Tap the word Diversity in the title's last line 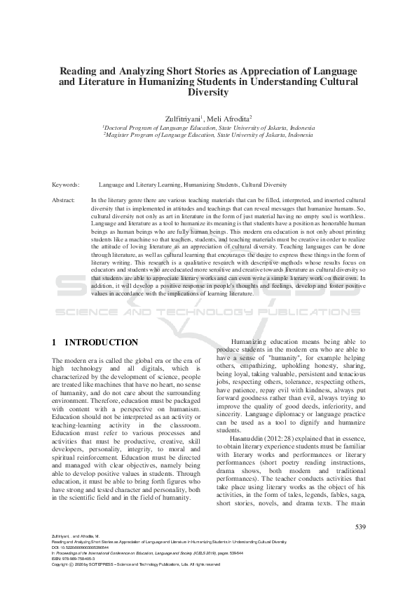[209, 92]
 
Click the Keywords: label [66, 185]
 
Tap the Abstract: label [64, 200]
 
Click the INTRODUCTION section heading [102, 343]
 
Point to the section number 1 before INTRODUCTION [55, 343]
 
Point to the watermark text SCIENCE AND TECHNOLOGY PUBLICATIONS [208, 311]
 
